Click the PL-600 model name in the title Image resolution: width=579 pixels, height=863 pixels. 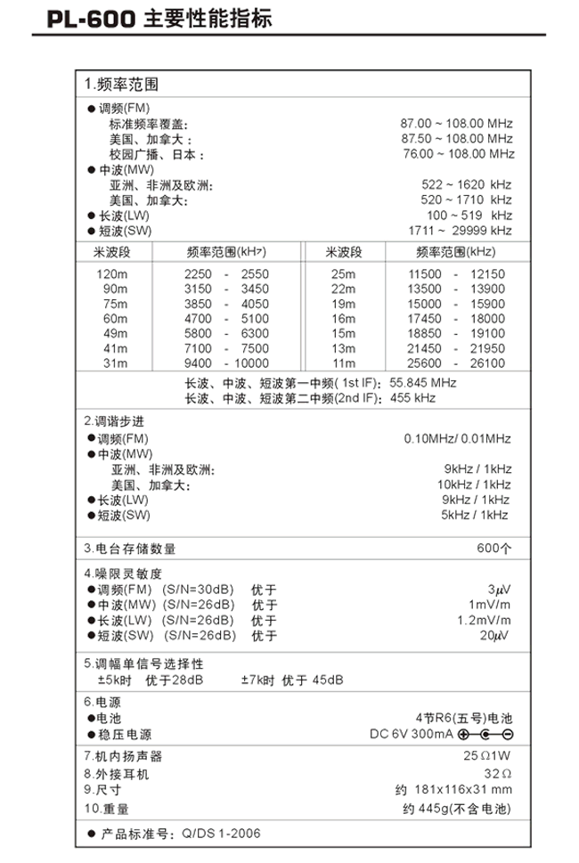(x=91, y=20)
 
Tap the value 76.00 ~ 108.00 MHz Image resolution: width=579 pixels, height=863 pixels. (x=459, y=154)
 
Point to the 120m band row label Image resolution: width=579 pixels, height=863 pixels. (x=111, y=274)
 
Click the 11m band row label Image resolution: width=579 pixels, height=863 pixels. (x=344, y=363)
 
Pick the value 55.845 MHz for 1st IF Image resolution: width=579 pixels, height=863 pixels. (x=423, y=382)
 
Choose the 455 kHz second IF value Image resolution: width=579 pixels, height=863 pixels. (x=412, y=398)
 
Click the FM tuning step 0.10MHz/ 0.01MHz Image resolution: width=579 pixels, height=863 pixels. (x=457, y=439)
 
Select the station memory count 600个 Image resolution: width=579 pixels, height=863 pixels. (x=494, y=549)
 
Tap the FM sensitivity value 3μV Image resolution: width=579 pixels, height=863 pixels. (x=499, y=590)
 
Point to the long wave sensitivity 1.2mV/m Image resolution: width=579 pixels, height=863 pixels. (x=484, y=620)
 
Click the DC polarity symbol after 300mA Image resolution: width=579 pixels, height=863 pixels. (x=485, y=734)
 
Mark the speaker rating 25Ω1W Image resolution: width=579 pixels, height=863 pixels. (x=487, y=755)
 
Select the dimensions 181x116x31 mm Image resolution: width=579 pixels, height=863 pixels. (x=463, y=790)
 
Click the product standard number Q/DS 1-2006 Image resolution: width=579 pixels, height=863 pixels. (x=221, y=834)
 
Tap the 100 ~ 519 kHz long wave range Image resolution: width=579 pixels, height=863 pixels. (x=469, y=216)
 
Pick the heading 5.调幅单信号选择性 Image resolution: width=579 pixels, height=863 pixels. (x=143, y=664)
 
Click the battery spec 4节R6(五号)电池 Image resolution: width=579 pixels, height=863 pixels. (x=464, y=718)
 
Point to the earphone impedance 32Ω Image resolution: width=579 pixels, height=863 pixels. (x=498, y=774)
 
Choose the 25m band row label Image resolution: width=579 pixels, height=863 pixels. (x=344, y=274)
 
